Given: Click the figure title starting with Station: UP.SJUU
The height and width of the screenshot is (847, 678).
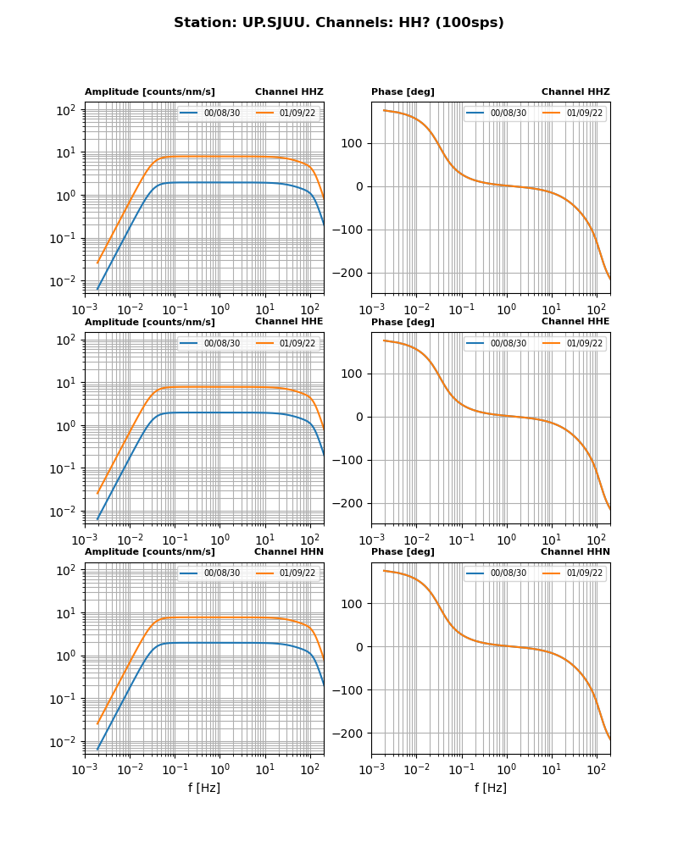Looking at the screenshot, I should click(x=339, y=23).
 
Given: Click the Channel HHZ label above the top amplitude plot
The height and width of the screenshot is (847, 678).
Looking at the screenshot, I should click(x=289, y=92).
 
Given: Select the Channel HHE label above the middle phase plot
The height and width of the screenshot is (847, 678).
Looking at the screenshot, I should click(x=575, y=322).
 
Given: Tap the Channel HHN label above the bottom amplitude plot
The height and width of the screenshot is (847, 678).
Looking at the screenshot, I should click(x=288, y=552).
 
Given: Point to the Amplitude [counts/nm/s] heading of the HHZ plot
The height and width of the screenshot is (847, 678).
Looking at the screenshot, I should click(x=150, y=92).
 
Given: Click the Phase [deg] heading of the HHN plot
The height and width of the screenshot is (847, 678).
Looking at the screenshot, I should click(x=403, y=552).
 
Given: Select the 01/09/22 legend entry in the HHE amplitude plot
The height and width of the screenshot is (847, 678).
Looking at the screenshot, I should click(x=297, y=343).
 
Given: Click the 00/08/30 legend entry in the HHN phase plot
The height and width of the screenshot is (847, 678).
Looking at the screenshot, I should click(x=508, y=573).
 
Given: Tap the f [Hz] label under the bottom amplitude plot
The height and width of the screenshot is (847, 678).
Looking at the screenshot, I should click(x=204, y=788).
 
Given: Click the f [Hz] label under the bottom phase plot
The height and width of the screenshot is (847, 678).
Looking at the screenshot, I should click(x=491, y=788).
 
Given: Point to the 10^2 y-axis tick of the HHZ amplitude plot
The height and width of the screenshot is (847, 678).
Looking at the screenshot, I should click(x=65, y=110).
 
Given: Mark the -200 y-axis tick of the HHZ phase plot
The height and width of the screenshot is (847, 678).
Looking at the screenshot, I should click(x=348, y=273).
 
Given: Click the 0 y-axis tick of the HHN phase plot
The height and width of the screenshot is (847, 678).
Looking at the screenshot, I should click(x=360, y=647).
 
